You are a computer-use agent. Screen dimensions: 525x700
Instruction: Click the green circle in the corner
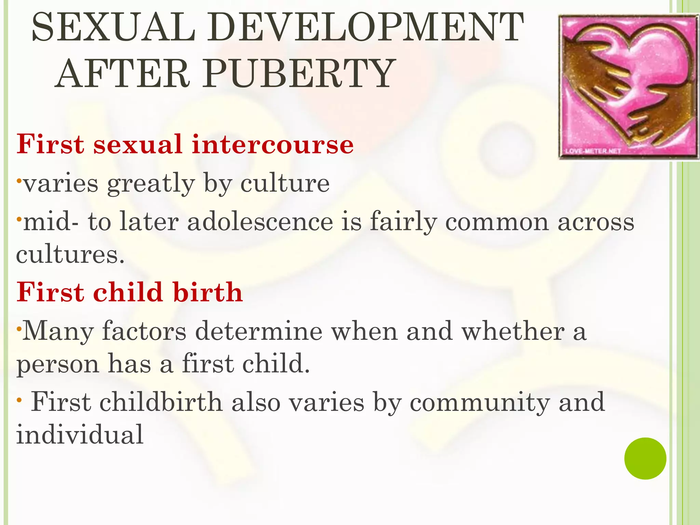tap(645, 458)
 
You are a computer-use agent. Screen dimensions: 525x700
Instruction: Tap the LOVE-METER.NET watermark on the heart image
tap(592, 151)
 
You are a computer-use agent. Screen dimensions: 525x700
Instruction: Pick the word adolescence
tap(260, 222)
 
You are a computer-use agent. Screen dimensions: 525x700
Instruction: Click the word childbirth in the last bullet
tap(161, 402)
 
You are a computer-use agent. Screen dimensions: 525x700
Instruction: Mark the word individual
tap(80, 435)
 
